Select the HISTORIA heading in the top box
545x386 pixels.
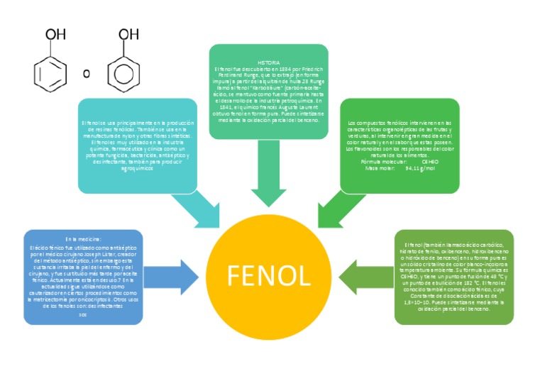[268, 62]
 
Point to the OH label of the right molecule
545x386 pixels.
[128, 33]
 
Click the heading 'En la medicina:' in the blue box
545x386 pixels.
[83, 240]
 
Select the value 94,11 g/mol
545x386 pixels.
[420, 168]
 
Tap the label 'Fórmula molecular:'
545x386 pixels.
[385, 162]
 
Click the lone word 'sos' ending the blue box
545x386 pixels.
[82, 314]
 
